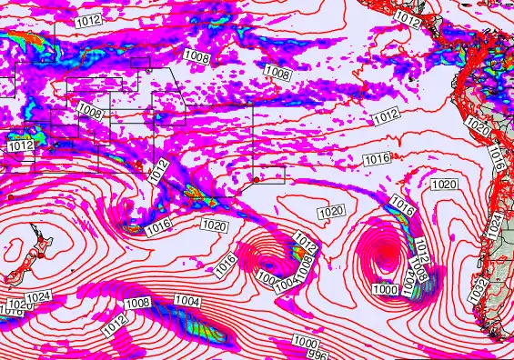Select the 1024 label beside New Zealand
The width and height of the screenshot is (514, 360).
37,297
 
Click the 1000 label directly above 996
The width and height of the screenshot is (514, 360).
305,341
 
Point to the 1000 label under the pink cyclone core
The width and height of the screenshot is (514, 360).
385,289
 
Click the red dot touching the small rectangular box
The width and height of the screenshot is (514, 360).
257,179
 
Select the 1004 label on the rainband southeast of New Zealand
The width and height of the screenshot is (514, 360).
187,301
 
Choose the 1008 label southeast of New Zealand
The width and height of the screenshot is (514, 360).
137,303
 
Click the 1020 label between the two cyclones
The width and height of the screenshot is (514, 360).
331,212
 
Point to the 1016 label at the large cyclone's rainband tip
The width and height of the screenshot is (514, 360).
401,204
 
